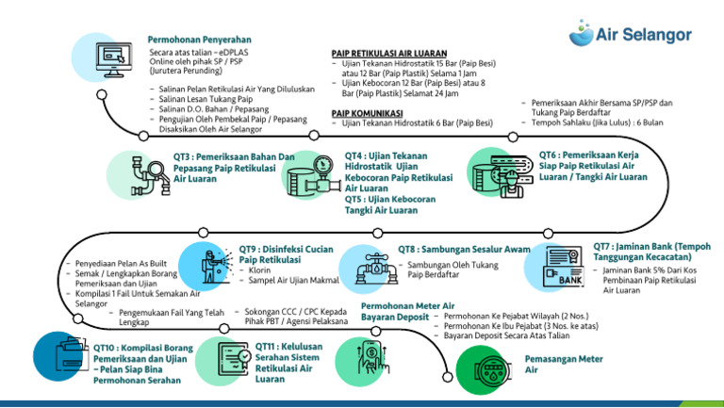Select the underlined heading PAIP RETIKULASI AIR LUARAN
[389, 53]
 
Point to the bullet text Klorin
[260, 269]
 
